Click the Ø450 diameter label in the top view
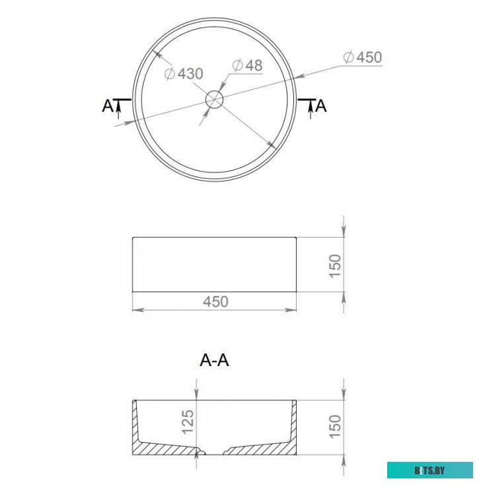click(x=363, y=57)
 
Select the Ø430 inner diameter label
click(x=183, y=73)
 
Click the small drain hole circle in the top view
click(x=215, y=100)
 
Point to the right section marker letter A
click(x=322, y=105)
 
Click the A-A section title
click(x=215, y=360)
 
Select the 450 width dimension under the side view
click(x=215, y=301)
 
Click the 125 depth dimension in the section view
click(x=188, y=421)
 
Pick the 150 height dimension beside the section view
click(x=335, y=427)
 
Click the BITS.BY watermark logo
click(x=429, y=470)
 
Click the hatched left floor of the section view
click(x=168, y=450)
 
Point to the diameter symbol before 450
click(x=349, y=58)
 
